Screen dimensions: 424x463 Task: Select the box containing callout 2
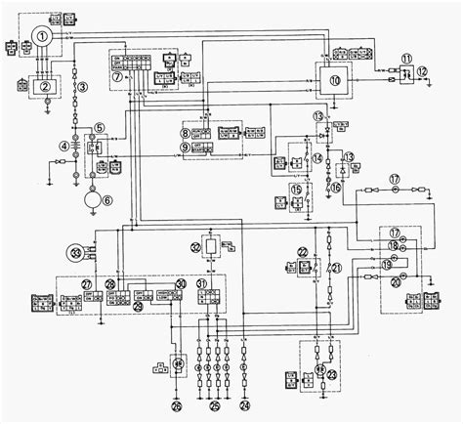point(45,85)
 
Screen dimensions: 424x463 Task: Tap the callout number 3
point(83,88)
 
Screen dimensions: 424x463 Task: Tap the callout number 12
point(422,72)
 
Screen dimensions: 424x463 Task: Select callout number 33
point(74,252)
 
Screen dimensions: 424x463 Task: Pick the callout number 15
point(296,189)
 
